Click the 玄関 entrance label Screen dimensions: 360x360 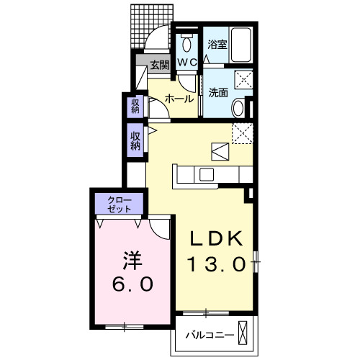coord(160,65)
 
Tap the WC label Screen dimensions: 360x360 coord(187,63)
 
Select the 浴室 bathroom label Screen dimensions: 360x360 coord(217,44)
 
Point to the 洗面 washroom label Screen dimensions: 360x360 coord(218,92)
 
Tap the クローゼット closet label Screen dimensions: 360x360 coord(120,204)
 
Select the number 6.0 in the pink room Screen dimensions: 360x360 coord(132,284)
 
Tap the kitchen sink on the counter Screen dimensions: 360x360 coord(207,175)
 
